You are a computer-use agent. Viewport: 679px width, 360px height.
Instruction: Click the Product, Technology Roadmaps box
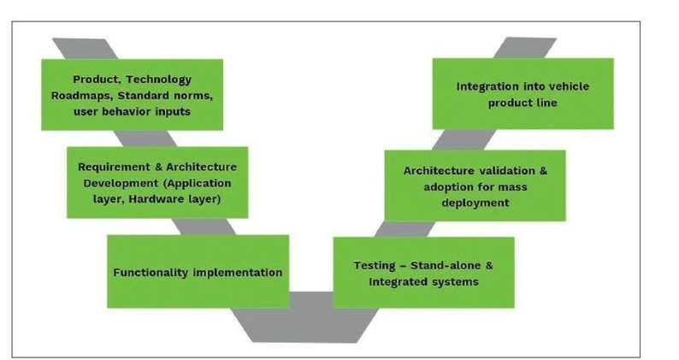133,94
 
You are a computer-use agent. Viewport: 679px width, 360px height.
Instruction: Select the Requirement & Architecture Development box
156,182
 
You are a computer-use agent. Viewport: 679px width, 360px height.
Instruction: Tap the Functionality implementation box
197,273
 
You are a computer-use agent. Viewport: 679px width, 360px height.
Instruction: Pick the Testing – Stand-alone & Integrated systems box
422,273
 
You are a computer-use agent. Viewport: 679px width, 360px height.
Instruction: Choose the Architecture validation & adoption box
475,186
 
